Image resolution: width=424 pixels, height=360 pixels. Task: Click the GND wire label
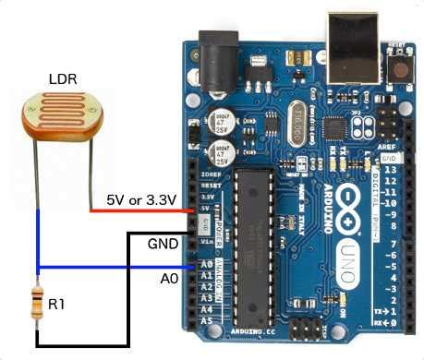pyautogui.click(x=161, y=244)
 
